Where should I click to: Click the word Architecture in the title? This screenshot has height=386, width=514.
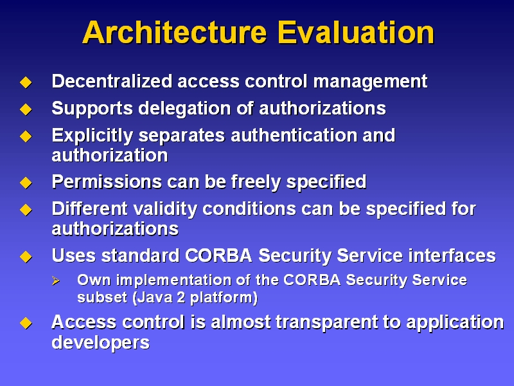pyautogui.click(x=175, y=32)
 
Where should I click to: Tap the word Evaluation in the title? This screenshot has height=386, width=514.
pyautogui.click(x=356, y=32)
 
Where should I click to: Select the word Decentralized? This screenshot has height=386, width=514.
pyautogui.click(x=112, y=81)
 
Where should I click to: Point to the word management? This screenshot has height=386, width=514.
pyautogui.click(x=371, y=82)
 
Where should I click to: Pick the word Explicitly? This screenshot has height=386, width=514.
pyautogui.click(x=93, y=136)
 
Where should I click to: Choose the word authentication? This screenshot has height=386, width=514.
pyautogui.click(x=294, y=135)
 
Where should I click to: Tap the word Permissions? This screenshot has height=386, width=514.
pyautogui.click(x=107, y=181)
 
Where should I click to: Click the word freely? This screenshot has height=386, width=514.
pyautogui.click(x=256, y=182)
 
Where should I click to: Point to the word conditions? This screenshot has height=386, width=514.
pyautogui.click(x=249, y=208)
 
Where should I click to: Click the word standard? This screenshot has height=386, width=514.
pyautogui.click(x=141, y=255)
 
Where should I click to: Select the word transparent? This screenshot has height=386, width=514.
pyautogui.click(x=327, y=323)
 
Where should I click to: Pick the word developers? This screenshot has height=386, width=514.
pyautogui.click(x=101, y=343)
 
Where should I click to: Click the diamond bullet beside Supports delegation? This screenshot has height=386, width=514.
pyautogui.click(x=26, y=109)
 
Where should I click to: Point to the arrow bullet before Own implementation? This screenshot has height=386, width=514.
pyautogui.click(x=56, y=280)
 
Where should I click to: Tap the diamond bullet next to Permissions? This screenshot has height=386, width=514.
pyautogui.click(x=26, y=183)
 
